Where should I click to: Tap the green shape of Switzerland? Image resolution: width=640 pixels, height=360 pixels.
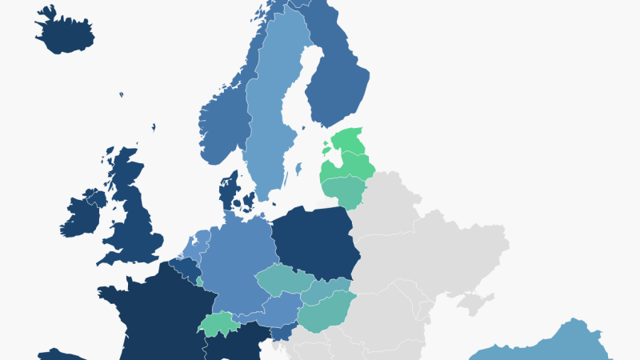[x=214, y=325]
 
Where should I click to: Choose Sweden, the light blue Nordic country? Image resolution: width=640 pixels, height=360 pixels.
[x=272, y=120]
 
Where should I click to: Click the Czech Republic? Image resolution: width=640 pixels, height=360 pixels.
[x=284, y=280]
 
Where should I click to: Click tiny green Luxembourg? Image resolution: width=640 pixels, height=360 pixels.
[x=199, y=282]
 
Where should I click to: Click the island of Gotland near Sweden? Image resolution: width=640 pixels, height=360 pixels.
[x=298, y=170]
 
